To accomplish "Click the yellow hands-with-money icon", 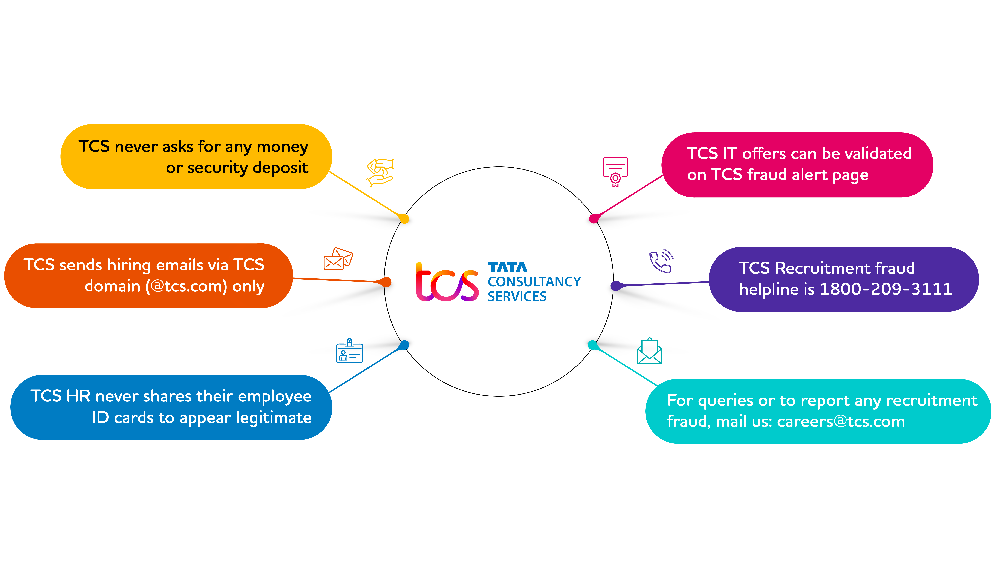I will [x=380, y=172].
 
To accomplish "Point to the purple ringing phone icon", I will [x=661, y=261].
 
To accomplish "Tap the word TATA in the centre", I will [x=508, y=267].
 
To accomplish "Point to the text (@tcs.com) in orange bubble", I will [x=186, y=286].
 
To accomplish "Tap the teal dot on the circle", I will [x=592, y=345].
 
